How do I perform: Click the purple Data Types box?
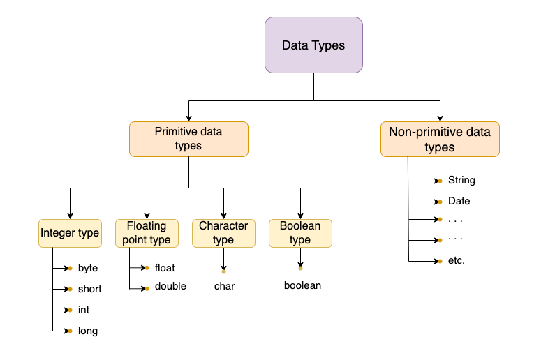pos(313,45)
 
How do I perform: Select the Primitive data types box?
pos(188,139)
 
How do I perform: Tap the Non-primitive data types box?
pos(440,139)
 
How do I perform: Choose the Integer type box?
pos(70,233)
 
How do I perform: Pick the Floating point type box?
pos(147,233)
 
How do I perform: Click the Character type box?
pos(223,233)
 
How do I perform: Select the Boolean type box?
pos(301,233)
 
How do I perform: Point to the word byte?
pos(88,268)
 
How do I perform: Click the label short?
pos(90,289)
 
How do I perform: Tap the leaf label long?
pos(88,331)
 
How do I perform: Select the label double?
pos(170,286)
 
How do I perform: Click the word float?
pos(165,268)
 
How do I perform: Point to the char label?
pos(224,286)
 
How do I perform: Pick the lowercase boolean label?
pos(303,285)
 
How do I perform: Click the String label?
pos(461,180)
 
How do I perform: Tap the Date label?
pos(459,201)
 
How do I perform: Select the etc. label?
pos(457,260)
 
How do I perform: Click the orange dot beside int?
pos(71,310)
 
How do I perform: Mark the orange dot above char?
pos(223,271)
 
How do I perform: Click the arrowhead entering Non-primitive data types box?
pos(440,119)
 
